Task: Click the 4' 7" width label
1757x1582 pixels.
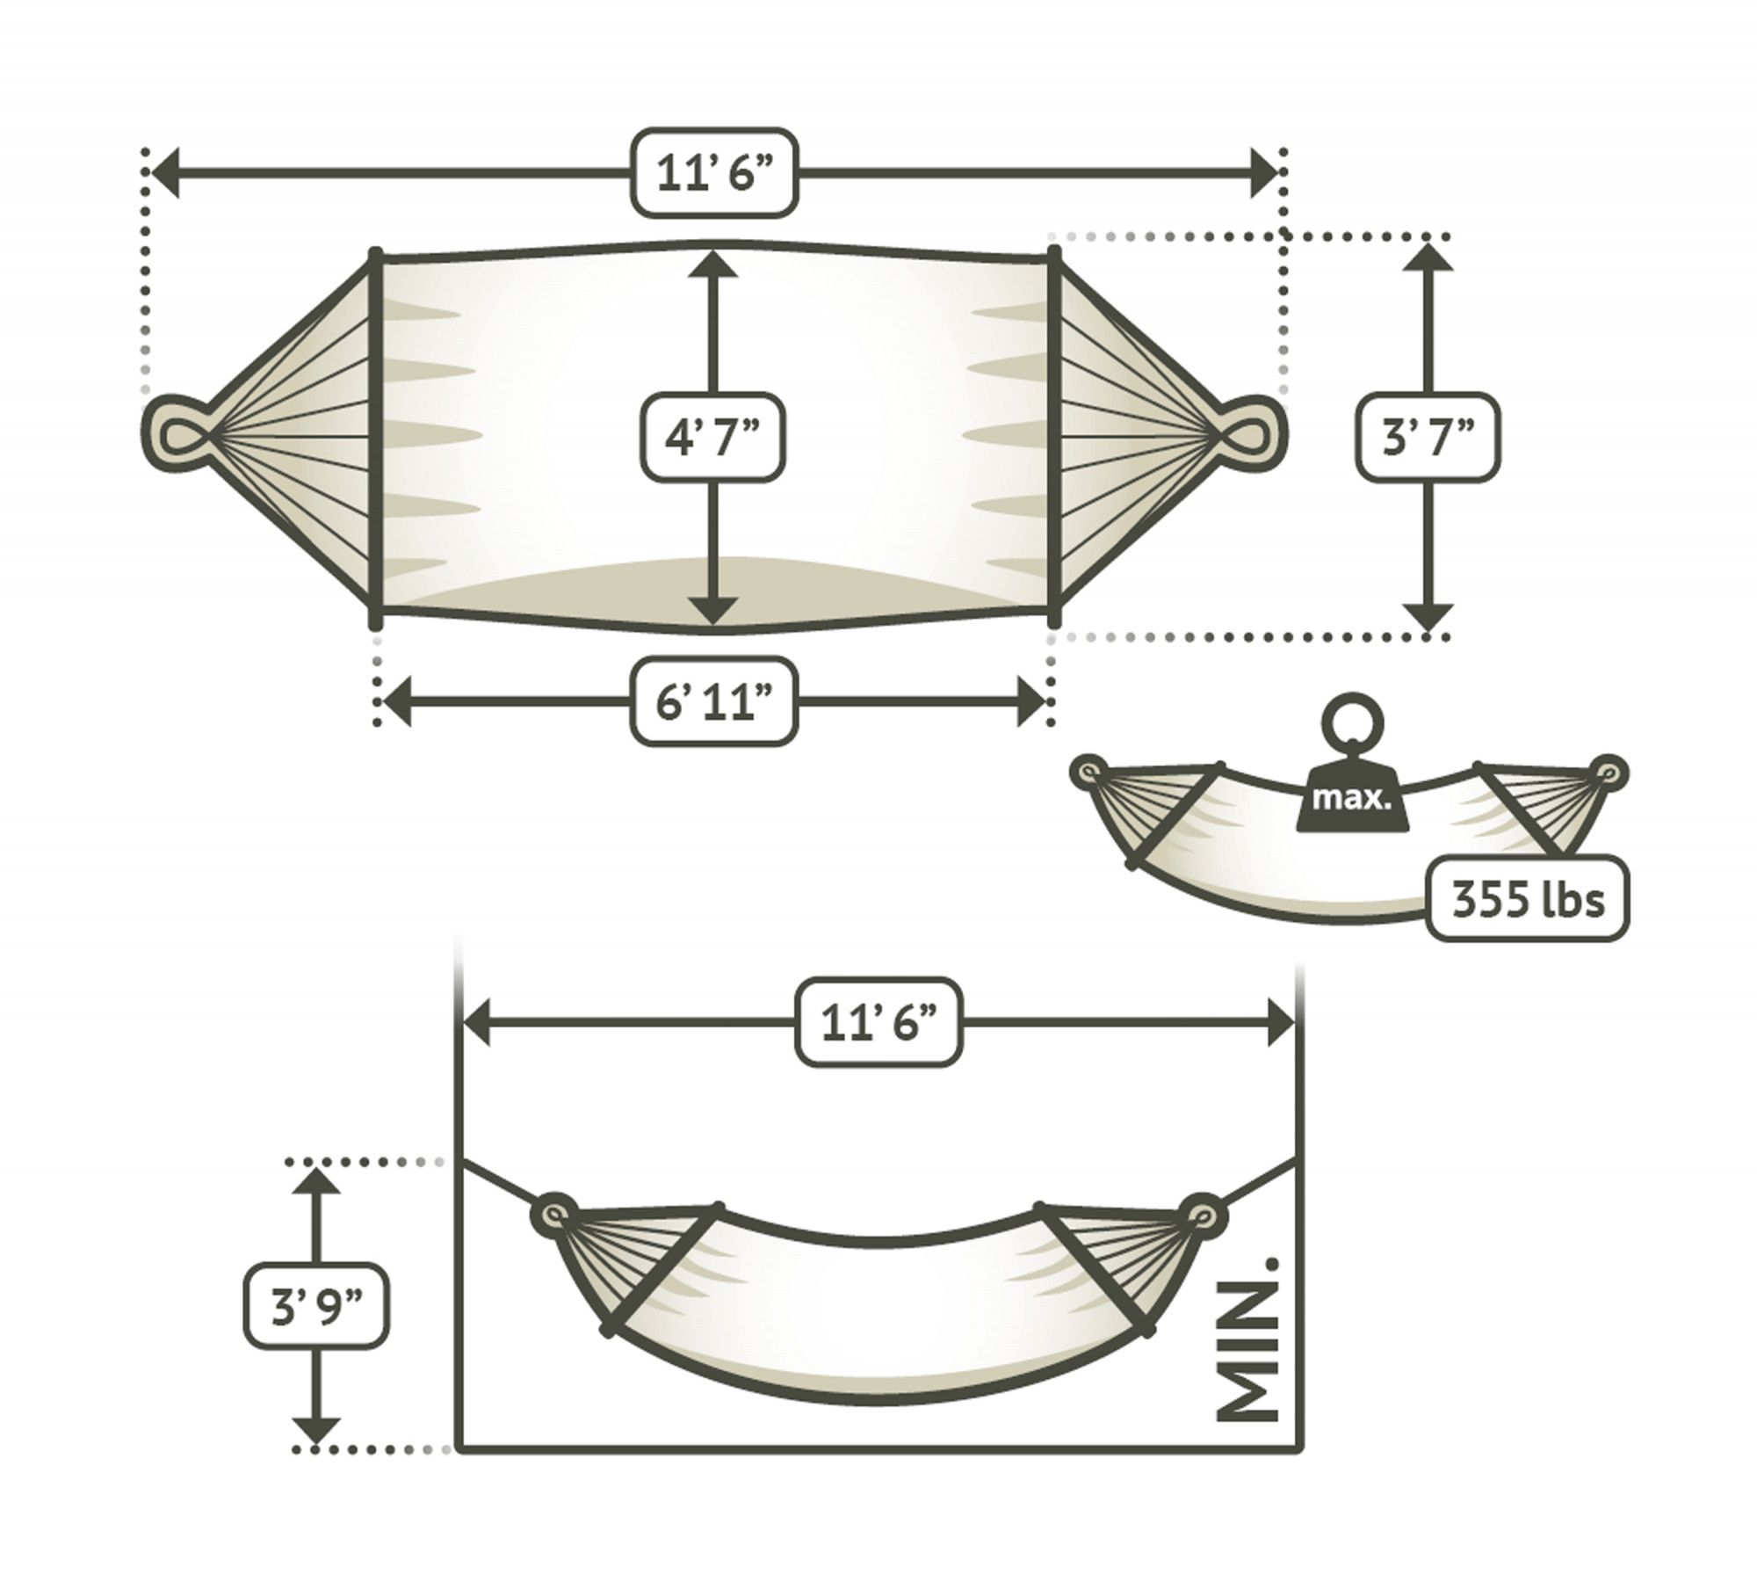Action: (712, 437)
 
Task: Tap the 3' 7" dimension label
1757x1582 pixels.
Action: (1428, 437)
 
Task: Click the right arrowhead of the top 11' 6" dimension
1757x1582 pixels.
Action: (1263, 173)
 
